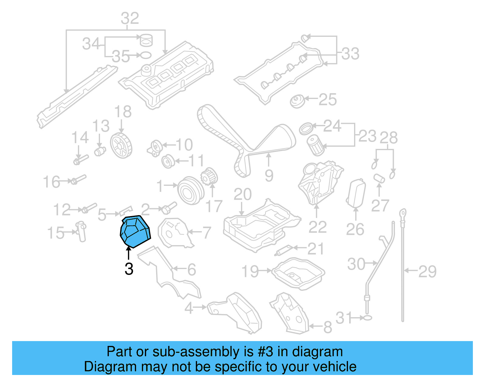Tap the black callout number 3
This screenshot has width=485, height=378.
pos(129,269)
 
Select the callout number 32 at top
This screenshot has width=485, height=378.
pos(130,18)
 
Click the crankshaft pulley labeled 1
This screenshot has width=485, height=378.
pos(190,190)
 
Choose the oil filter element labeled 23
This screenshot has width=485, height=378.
pos(315,145)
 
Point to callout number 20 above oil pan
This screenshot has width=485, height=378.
pos(242,194)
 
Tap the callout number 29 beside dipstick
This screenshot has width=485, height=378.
pos(427,271)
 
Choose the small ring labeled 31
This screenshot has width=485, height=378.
pos(367,318)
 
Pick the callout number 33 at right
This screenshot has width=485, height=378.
pos(350,54)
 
